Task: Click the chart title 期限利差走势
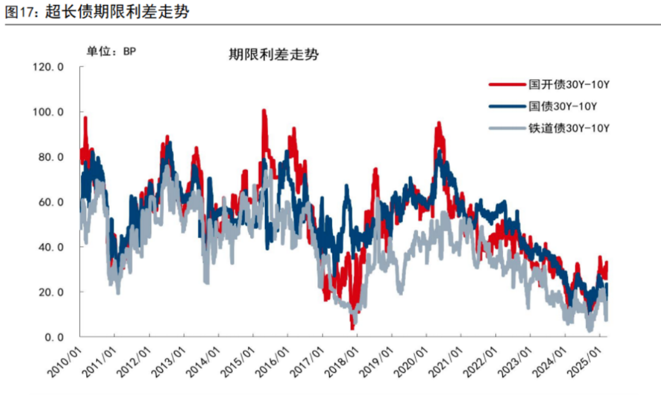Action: [274, 55]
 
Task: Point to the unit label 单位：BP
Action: [111, 51]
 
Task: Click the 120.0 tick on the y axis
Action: [48, 67]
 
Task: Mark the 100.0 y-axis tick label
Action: [48, 112]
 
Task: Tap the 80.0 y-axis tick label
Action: [51, 157]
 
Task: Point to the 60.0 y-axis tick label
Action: [51, 202]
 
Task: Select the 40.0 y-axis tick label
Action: [51, 247]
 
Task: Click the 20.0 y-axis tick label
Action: [51, 292]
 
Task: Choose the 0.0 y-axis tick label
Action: [54, 337]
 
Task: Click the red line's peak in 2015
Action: [263, 110]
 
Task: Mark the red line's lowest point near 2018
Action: [353, 329]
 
